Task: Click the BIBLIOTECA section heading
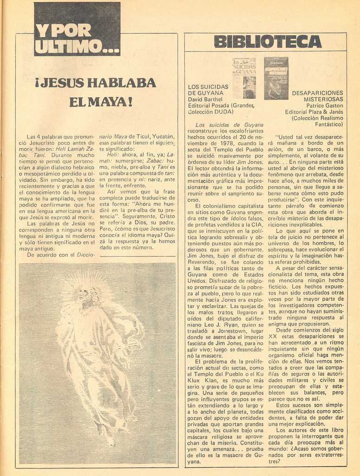tap(268, 42)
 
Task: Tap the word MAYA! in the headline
tap(100, 102)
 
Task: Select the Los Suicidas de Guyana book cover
tap(244, 78)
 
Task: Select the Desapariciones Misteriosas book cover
tap(276, 78)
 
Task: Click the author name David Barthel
tap(205, 99)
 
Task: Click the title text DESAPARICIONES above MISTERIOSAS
tap(317, 93)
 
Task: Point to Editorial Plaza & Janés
tap(314, 112)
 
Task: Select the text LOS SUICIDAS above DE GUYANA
tap(208, 86)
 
